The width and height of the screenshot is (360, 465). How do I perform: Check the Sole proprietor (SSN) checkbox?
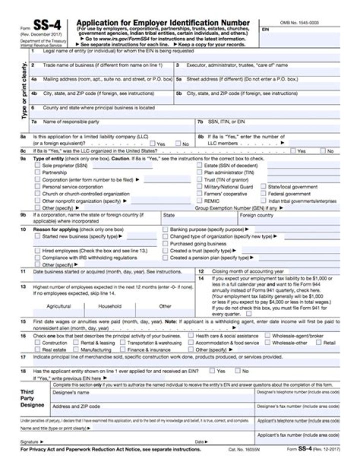click(x=37, y=165)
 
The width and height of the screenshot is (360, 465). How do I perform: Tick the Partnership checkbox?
click(x=37, y=172)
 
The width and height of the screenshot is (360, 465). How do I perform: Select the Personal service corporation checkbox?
click(x=37, y=186)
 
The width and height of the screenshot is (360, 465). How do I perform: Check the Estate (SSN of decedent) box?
click(x=199, y=165)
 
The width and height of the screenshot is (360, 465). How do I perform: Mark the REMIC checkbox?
click(x=199, y=200)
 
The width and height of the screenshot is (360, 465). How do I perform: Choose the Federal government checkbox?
click(x=264, y=193)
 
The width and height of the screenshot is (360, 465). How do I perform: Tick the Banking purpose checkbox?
click(x=165, y=229)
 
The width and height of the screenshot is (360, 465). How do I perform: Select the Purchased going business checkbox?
click(x=165, y=243)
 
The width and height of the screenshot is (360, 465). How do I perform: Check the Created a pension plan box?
click(x=165, y=257)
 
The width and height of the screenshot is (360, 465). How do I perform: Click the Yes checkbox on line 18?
click(x=212, y=371)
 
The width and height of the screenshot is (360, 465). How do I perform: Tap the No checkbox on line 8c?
click(x=323, y=150)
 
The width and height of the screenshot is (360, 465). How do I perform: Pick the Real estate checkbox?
click(x=37, y=350)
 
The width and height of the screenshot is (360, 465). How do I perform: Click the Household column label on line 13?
click(x=109, y=306)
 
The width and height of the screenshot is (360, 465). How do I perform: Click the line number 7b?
click(x=199, y=121)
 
